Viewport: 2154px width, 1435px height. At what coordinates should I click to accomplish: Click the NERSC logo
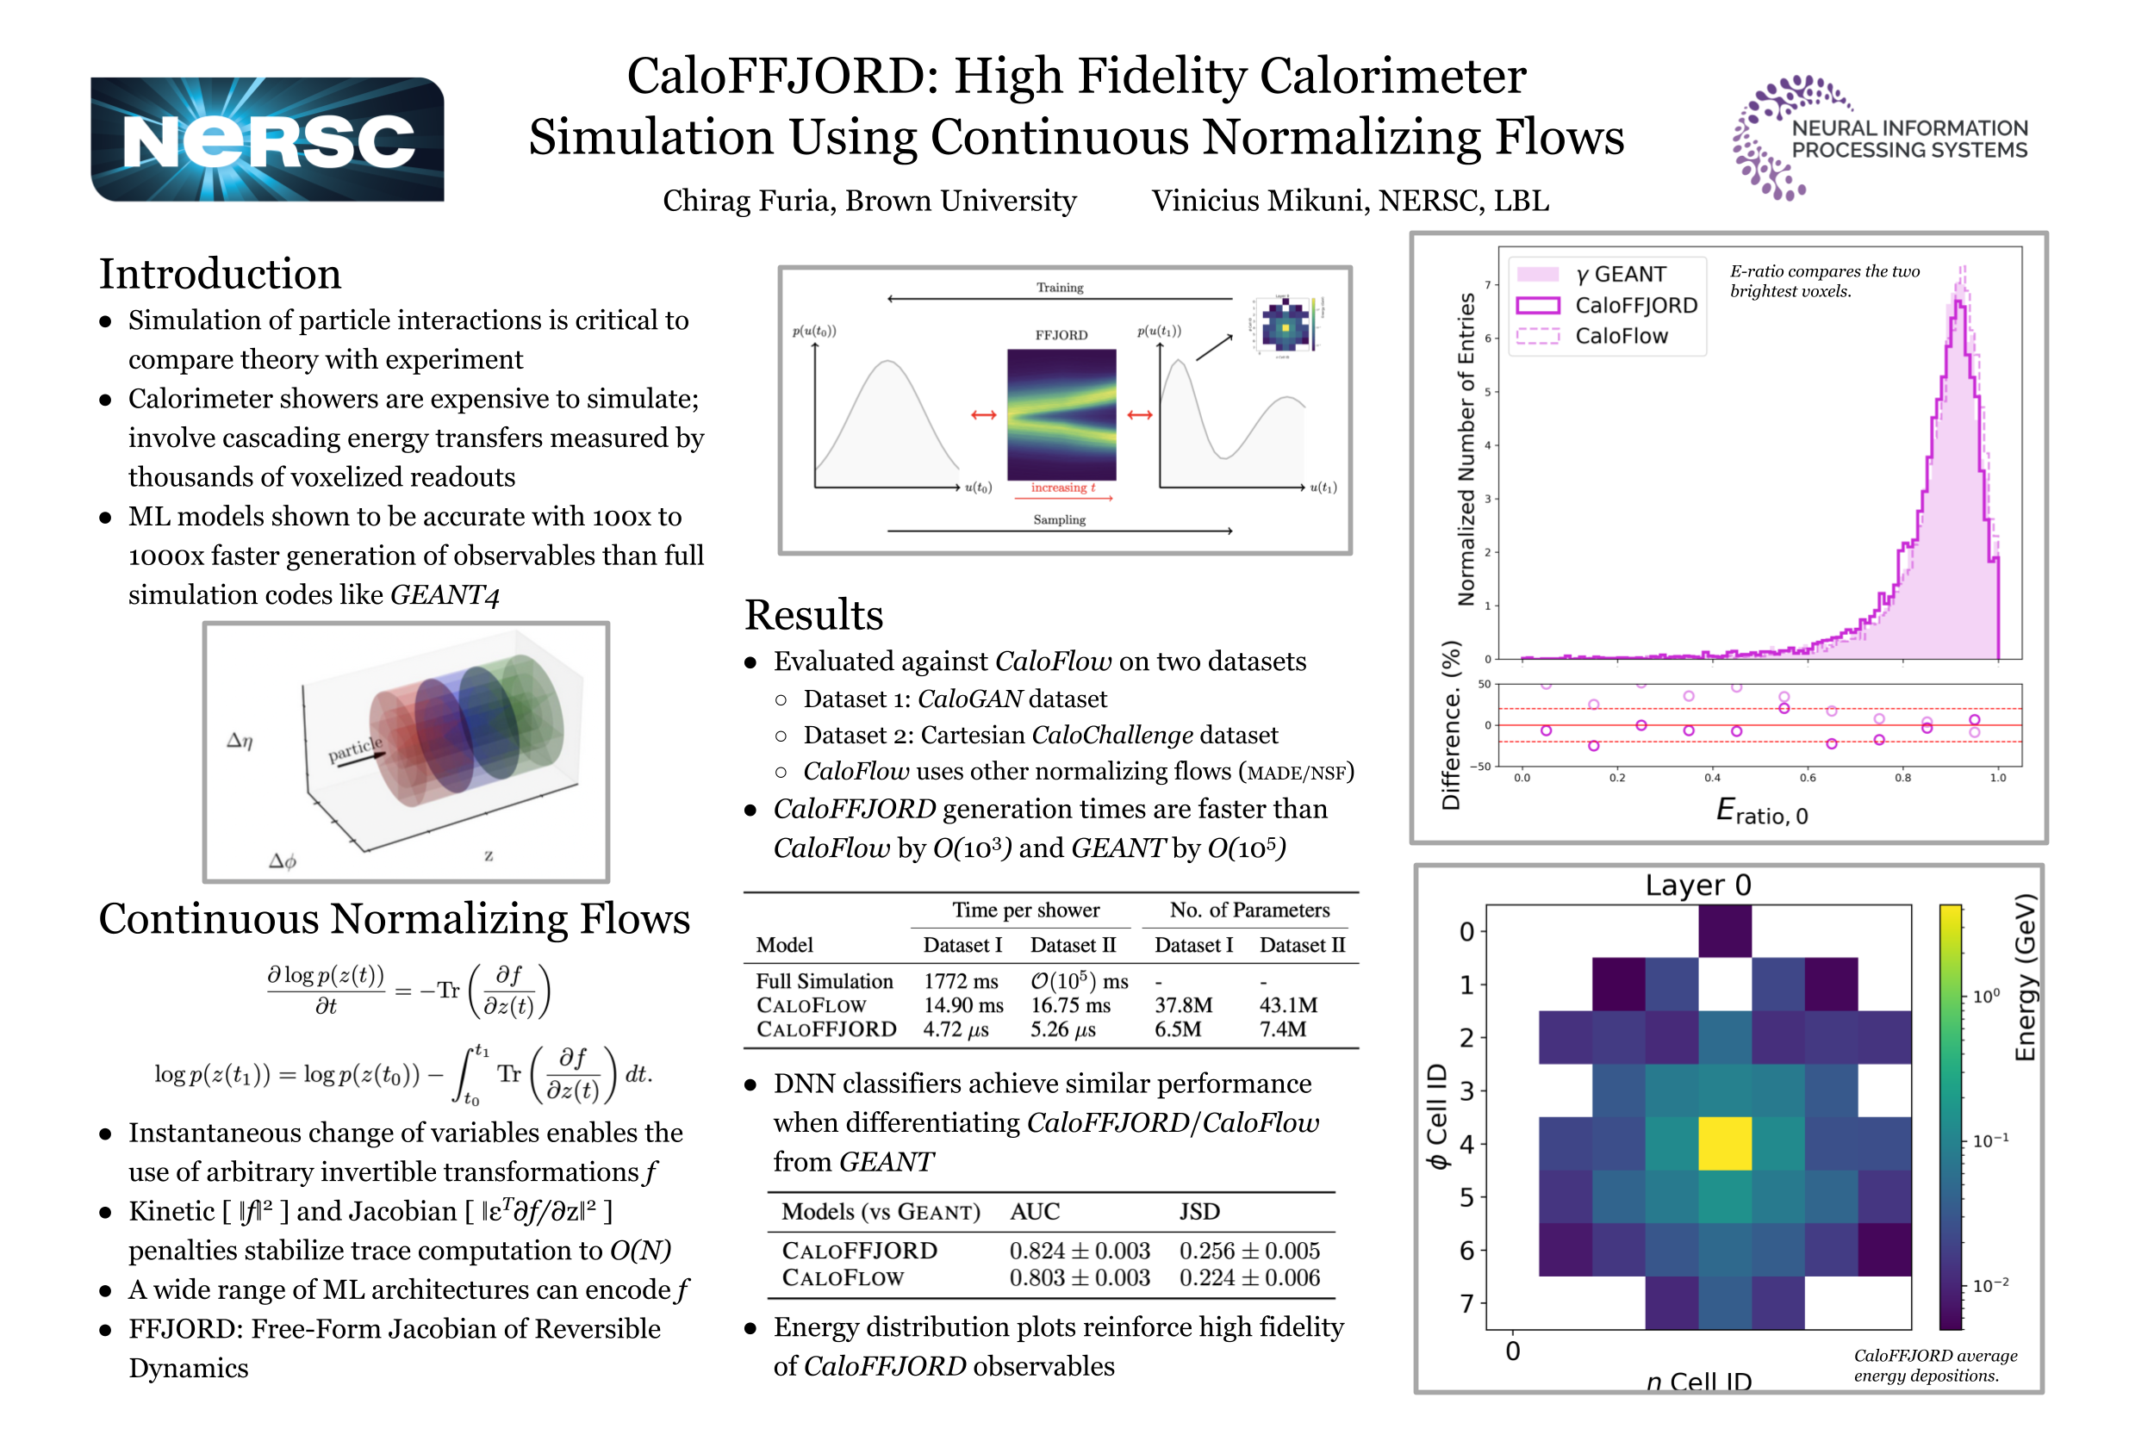266,140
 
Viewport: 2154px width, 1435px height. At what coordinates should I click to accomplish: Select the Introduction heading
220,274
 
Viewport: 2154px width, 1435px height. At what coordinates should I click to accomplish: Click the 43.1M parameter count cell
1287,1005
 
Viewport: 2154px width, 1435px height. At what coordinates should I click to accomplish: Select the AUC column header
1034,1212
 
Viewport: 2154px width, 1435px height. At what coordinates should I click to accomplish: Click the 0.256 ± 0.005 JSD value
1248,1250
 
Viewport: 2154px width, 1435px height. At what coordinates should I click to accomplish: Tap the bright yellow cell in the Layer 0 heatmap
1724,1143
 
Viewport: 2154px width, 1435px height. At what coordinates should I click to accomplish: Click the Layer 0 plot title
1697,885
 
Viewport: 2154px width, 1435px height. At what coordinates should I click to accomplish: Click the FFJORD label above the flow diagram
1061,335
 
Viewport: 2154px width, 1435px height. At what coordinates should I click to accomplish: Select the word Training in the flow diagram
1059,288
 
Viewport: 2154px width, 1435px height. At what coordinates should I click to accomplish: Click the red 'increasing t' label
1061,488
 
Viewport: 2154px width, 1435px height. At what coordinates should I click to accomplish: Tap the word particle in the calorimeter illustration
355,749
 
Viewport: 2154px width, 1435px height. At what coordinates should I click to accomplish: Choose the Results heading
812,615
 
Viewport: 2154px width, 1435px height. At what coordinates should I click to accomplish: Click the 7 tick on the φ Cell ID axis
1466,1303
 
